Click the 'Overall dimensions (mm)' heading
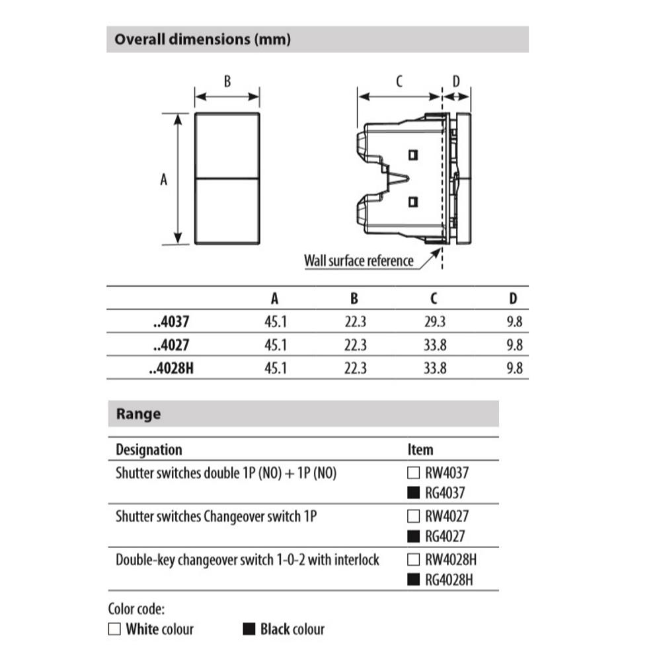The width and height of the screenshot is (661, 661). click(x=202, y=39)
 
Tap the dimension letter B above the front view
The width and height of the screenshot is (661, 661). click(x=227, y=82)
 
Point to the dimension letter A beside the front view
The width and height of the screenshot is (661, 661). click(x=164, y=179)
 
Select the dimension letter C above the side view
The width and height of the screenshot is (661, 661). click(x=399, y=82)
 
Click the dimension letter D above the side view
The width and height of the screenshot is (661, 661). click(x=456, y=82)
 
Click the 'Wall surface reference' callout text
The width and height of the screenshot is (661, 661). click(x=358, y=260)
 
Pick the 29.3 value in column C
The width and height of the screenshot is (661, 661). click(x=435, y=323)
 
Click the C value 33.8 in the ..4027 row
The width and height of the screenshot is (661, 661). click(x=435, y=345)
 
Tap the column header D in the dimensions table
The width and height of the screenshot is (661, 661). click(x=514, y=299)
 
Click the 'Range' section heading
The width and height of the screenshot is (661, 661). click(x=138, y=414)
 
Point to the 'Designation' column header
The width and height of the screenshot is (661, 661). click(x=149, y=449)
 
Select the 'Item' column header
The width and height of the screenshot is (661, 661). click(x=420, y=449)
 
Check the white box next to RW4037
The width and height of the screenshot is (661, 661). click(x=413, y=473)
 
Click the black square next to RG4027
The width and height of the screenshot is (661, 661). click(x=413, y=537)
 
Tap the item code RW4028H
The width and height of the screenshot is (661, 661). click(x=451, y=561)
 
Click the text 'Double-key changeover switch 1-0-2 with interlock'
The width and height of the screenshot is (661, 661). click(x=247, y=561)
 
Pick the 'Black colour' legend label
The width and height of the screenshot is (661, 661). click(x=292, y=629)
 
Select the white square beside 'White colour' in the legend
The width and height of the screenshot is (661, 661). click(x=115, y=629)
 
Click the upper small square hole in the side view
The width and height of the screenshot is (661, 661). click(x=414, y=155)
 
